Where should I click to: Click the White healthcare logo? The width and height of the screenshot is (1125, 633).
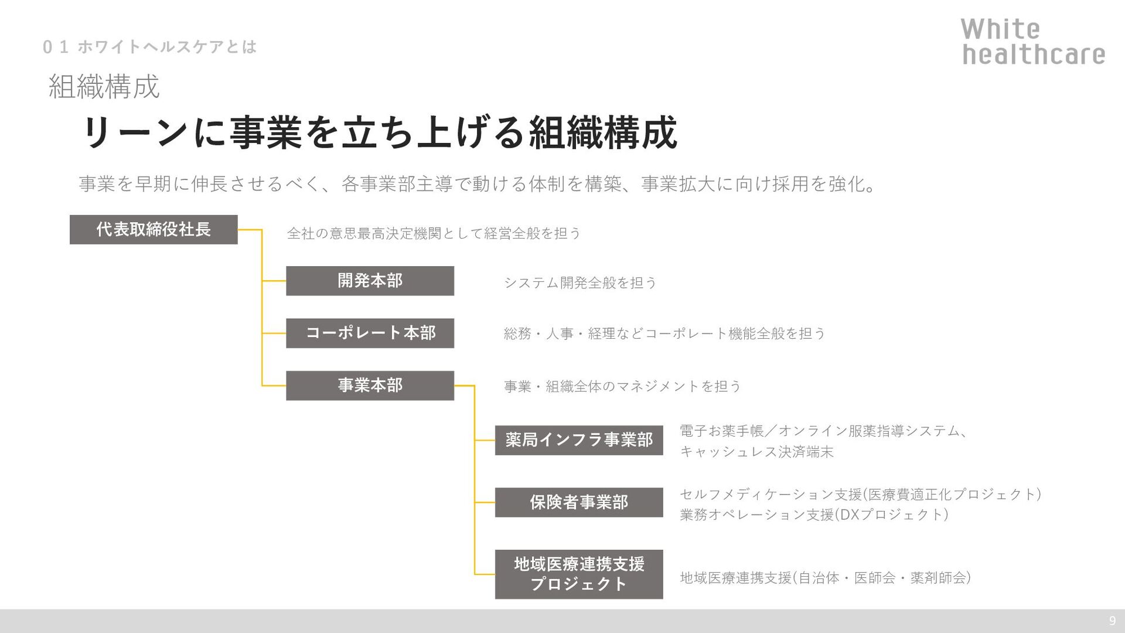coord(1033,42)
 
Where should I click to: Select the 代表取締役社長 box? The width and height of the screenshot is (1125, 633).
coord(154,229)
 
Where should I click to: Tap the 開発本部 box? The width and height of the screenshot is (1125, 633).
coord(370,281)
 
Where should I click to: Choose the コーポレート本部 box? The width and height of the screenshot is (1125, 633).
coord(370,333)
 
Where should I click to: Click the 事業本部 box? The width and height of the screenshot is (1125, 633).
coord(370,385)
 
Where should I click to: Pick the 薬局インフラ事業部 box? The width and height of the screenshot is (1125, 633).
coord(579,440)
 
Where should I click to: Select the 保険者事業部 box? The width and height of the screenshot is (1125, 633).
coord(579,502)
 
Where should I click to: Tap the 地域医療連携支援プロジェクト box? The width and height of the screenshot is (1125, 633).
coord(579,574)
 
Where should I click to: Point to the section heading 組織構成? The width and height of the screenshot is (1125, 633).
coord(104,87)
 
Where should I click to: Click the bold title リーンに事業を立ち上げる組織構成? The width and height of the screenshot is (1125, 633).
coord(380,132)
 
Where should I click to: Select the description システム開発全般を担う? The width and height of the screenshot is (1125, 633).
coord(580,283)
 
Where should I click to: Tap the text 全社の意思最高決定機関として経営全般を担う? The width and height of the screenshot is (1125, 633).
coord(434,233)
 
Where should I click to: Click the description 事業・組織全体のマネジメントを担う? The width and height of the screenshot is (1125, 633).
coord(622,386)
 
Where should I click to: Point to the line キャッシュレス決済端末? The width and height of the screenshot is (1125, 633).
coord(756,452)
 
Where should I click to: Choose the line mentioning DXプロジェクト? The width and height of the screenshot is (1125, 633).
coord(814,515)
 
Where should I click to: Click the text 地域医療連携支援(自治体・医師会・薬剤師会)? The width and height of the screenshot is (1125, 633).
coord(825,578)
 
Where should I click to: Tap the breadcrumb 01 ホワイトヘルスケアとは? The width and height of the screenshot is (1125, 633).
coord(150,47)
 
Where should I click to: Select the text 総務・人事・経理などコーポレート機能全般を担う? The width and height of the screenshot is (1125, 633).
coord(664,333)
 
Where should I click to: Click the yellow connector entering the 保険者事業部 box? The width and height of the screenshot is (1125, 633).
coord(485,502)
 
